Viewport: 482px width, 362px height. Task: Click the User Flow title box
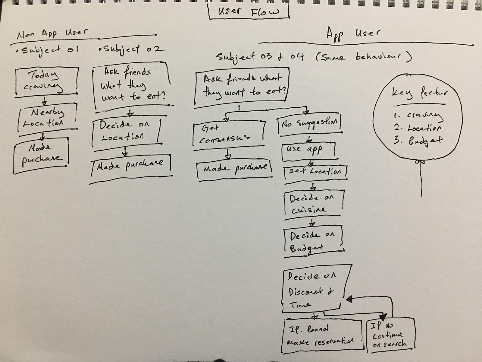249,12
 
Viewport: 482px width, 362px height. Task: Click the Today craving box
46,81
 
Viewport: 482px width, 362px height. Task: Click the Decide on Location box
125,131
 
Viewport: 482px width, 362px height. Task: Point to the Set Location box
315,172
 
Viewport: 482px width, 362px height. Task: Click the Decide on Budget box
313,241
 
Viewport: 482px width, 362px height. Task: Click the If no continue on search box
390,335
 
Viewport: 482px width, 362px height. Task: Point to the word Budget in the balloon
425,141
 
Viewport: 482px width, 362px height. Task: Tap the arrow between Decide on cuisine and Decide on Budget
312,223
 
